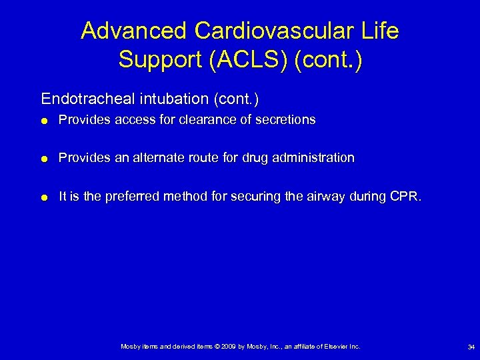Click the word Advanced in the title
[x=134, y=31]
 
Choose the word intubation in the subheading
[x=171, y=99]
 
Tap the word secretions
[x=285, y=120]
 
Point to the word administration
[x=314, y=158]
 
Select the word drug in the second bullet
[x=257, y=158]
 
